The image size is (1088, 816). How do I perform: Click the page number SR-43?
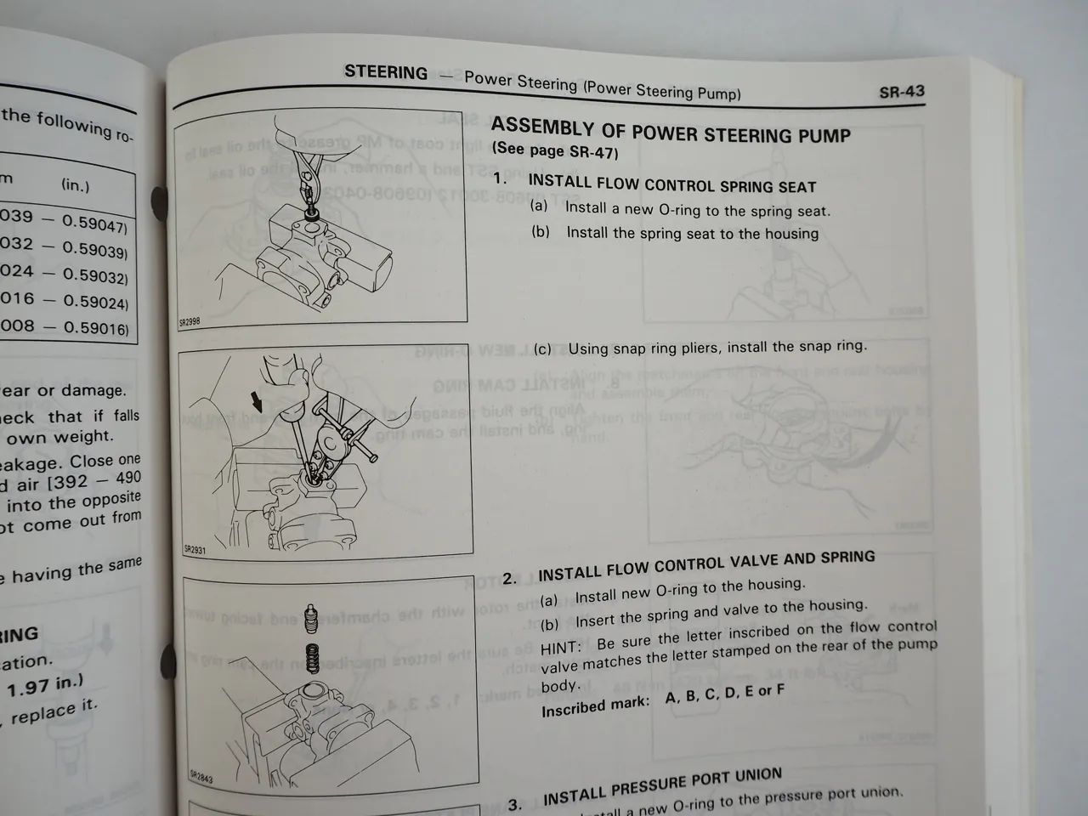point(901,92)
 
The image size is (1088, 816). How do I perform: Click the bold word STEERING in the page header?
point(386,72)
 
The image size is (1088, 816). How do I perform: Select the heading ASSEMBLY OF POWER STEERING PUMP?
point(671,132)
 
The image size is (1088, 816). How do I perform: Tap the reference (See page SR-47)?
point(555,151)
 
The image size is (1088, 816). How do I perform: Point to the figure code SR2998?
point(190,321)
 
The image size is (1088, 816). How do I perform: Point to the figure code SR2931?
point(195,549)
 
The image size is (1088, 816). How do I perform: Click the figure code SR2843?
point(201,776)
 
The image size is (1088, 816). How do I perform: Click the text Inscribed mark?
point(595,705)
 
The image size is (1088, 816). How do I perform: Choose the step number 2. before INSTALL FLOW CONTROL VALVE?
point(509,579)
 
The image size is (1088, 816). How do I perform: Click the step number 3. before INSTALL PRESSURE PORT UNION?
point(515,804)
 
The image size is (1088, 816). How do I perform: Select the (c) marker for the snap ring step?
point(542,349)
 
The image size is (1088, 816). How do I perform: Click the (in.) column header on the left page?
point(76,184)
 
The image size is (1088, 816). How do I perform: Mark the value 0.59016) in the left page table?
point(96,327)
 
